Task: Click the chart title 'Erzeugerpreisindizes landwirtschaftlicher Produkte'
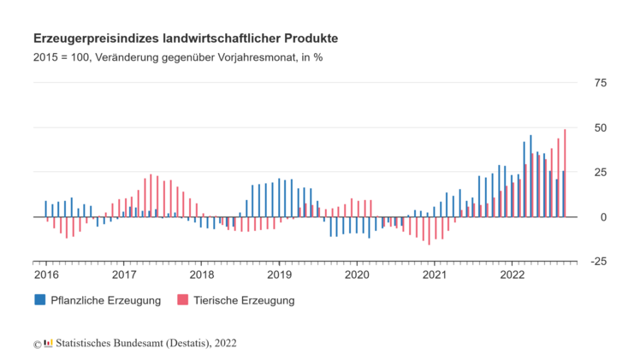(185, 38)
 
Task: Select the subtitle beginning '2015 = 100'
(177, 57)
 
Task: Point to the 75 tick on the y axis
(600, 83)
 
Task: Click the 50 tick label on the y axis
(600, 127)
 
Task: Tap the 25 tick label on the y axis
(600, 172)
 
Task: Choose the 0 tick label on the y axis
(603, 217)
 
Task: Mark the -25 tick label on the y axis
(598, 262)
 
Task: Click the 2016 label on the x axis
(46, 274)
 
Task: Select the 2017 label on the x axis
(124, 274)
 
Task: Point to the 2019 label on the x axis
(279, 274)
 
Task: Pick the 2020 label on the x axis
(357, 274)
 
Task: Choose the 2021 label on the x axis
(435, 274)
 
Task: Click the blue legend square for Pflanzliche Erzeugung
(39, 300)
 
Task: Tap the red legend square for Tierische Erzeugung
(181, 300)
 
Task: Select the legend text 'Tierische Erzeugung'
(244, 300)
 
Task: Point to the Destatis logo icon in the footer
(49, 343)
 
